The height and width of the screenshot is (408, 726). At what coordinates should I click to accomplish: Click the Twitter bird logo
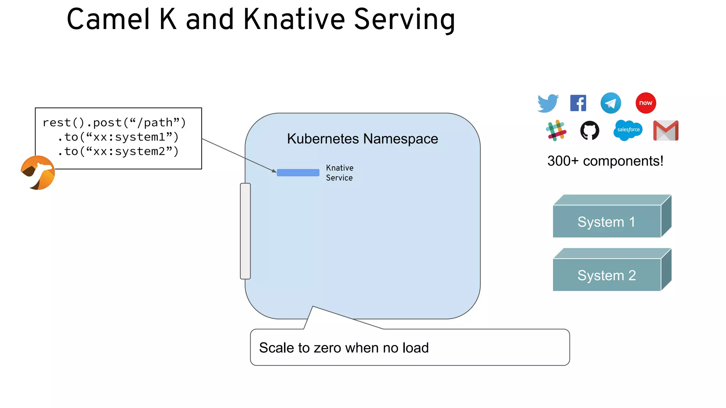[x=548, y=103]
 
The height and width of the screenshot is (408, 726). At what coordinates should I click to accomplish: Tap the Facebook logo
[x=578, y=103]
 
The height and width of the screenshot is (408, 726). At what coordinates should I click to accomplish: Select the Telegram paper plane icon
[x=610, y=103]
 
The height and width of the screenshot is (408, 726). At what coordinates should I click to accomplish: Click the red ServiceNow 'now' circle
[x=646, y=103]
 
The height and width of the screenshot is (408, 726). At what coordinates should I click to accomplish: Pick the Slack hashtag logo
[x=556, y=130]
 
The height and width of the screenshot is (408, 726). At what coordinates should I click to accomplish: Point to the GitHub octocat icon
[x=590, y=130]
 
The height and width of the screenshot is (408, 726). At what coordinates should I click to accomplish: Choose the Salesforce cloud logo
[x=628, y=130]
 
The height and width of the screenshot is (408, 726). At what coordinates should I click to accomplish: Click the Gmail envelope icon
[x=666, y=130]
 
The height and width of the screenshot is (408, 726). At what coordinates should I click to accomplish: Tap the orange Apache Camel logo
[x=38, y=172]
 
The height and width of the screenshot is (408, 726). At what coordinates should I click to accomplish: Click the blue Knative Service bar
[x=298, y=172]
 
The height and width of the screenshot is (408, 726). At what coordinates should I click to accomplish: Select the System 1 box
[x=607, y=221]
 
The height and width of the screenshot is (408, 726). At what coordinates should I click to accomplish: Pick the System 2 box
[x=607, y=275]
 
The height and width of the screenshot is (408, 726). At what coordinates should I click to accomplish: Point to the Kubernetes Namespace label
[x=362, y=139]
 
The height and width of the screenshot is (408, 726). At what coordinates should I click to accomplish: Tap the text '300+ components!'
[x=605, y=161]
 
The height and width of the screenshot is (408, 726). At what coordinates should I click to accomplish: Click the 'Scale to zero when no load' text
[x=344, y=348]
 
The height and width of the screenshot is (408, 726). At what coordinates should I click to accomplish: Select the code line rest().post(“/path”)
[x=114, y=123]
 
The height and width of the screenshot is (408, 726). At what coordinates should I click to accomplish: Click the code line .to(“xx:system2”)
[x=118, y=152]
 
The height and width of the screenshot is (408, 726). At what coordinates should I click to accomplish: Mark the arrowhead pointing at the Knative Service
[x=274, y=171]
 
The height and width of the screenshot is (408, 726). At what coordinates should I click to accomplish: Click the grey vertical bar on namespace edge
[x=245, y=231]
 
